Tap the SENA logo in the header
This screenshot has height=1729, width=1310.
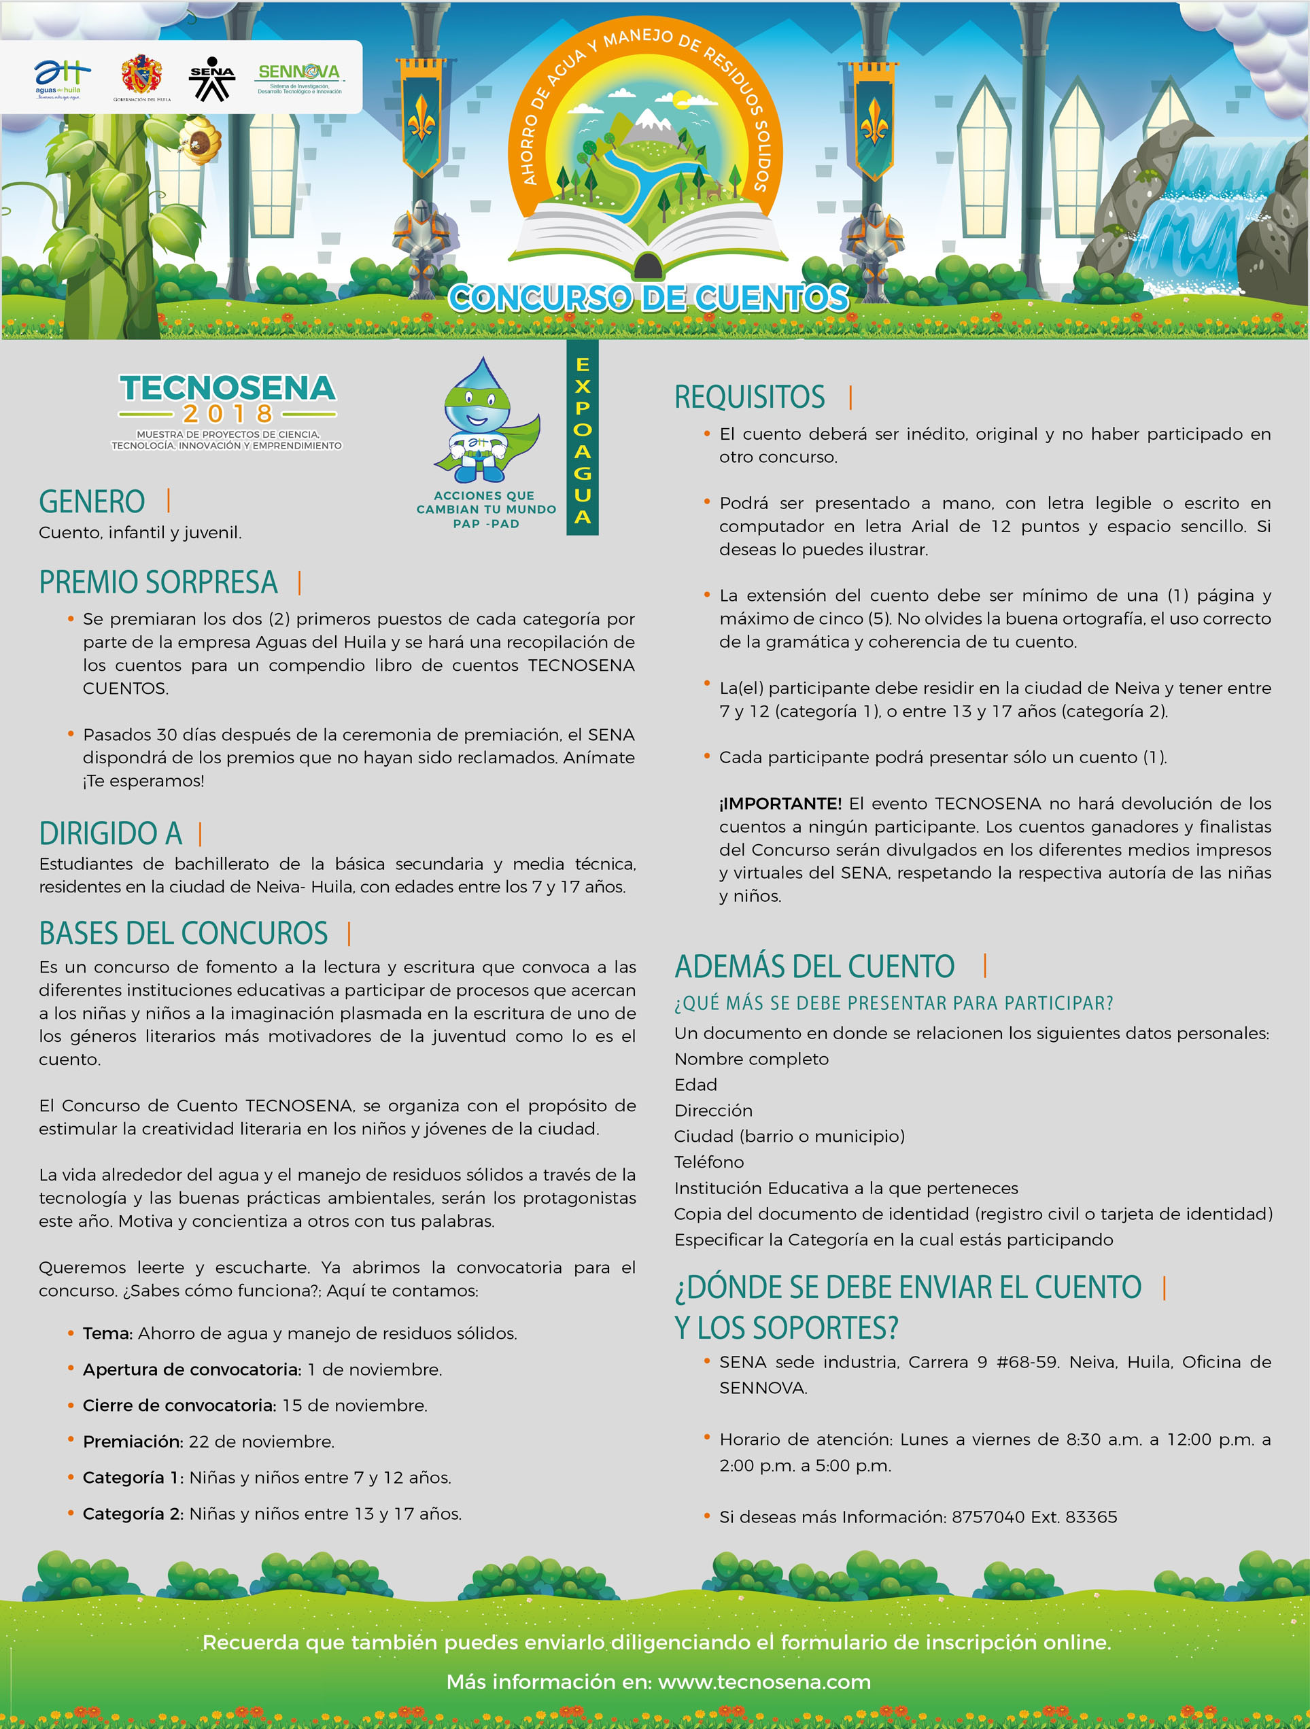click(x=212, y=78)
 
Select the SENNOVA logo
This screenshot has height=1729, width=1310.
click(x=299, y=77)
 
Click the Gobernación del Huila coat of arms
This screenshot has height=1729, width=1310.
click(x=141, y=76)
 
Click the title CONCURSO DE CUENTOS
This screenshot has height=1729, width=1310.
click(x=648, y=298)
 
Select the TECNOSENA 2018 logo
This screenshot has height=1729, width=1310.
click(x=226, y=410)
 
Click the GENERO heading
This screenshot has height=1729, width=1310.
click(x=92, y=502)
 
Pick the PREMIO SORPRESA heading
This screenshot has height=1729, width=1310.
click(x=158, y=582)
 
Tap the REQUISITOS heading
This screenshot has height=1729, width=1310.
click(x=750, y=397)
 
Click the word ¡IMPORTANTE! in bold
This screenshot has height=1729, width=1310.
click(x=780, y=803)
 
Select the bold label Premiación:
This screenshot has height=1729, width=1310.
click(x=133, y=1442)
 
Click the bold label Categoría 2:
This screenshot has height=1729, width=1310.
click(x=133, y=1514)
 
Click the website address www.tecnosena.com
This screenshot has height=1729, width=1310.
click(x=764, y=1681)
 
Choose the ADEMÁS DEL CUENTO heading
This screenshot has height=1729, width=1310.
click(x=814, y=967)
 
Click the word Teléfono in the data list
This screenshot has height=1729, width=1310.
click(x=709, y=1162)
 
